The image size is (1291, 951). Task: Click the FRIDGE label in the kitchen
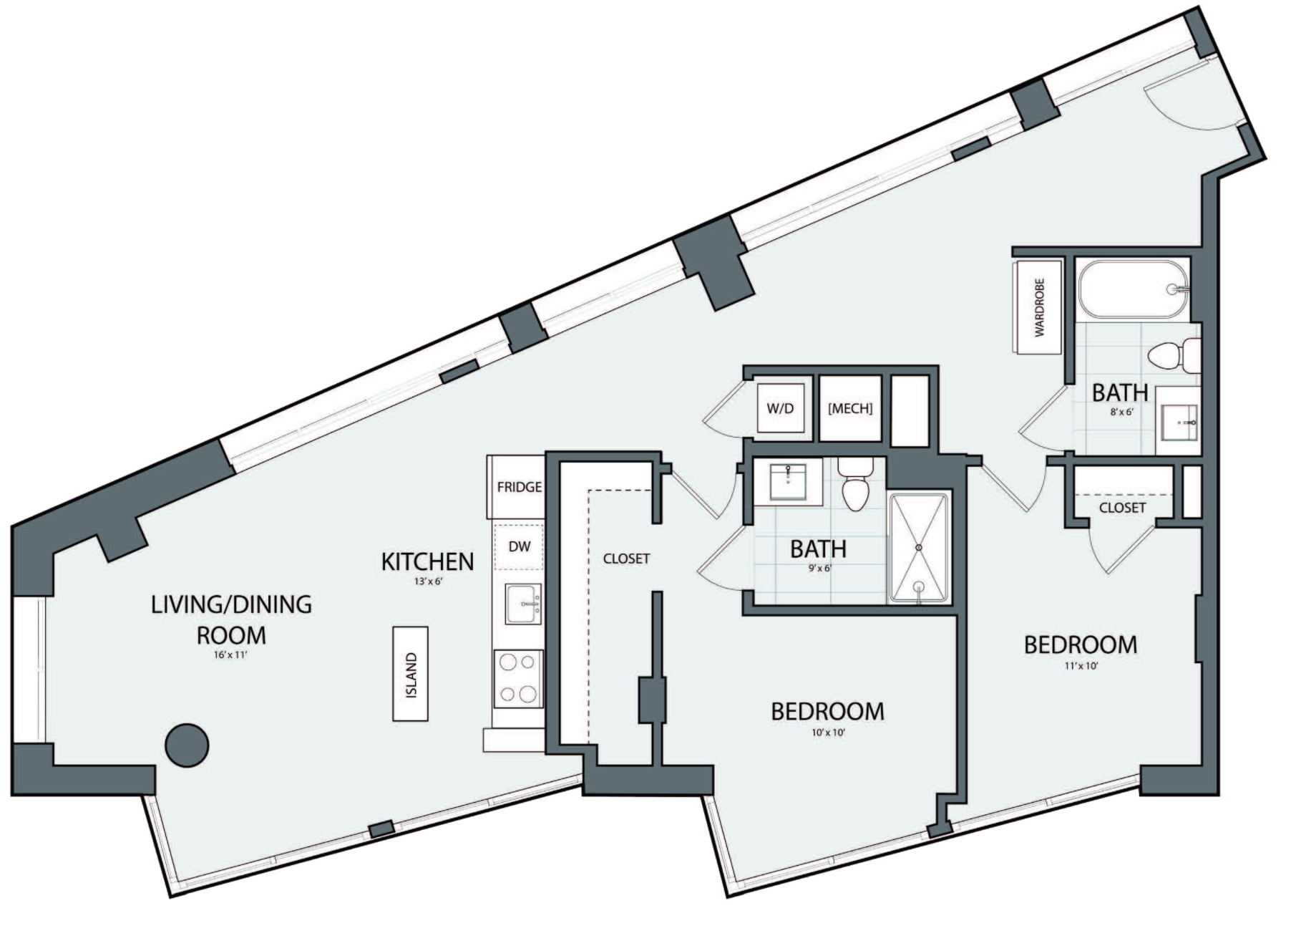[x=519, y=487]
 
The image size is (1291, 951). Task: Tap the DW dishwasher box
[x=519, y=546]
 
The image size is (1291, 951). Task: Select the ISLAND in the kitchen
[x=411, y=674]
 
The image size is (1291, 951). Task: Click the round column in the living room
[x=187, y=745]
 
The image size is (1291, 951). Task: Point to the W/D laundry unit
[x=781, y=407]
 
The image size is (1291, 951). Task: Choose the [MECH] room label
[x=850, y=408]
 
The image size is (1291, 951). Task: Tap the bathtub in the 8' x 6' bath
[x=1134, y=289]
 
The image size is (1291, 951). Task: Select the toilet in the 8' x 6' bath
[x=1174, y=355]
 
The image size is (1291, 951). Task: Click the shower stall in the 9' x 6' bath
[x=920, y=548]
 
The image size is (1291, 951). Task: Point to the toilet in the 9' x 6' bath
[x=855, y=485]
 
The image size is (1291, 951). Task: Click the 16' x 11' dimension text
[x=230, y=655]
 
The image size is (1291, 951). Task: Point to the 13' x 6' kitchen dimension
[x=428, y=581]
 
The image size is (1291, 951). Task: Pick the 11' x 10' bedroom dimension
[x=1081, y=665]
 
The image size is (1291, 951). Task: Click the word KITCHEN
[x=427, y=561]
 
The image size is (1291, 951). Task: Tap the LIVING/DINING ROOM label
[x=231, y=619]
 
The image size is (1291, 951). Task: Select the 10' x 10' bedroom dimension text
[x=828, y=733]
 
